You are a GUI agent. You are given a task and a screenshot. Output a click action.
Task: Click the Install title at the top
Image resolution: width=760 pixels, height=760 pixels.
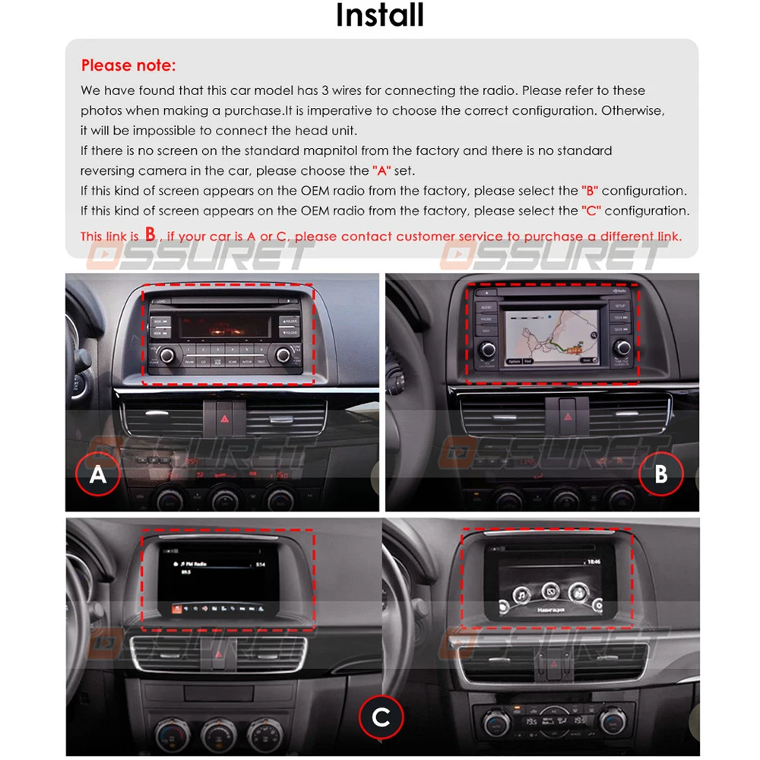click(380, 15)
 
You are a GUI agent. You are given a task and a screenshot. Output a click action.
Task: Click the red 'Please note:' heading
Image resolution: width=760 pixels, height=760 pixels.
click(128, 65)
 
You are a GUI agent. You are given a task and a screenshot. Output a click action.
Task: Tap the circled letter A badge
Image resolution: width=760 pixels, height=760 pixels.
click(97, 474)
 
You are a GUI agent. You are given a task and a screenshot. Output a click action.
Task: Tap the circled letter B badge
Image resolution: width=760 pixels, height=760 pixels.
click(660, 474)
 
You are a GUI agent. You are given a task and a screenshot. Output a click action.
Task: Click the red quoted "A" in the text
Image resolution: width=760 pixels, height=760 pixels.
click(383, 171)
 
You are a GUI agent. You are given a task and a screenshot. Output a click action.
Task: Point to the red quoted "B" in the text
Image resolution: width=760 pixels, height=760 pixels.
click(590, 191)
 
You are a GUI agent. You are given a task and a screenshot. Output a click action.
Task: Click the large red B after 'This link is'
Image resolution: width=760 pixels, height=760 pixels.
click(150, 234)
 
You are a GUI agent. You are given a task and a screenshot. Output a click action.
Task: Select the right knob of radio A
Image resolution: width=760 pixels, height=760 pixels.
click(284, 353)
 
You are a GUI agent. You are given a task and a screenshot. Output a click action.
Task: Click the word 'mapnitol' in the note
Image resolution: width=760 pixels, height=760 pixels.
click(364, 151)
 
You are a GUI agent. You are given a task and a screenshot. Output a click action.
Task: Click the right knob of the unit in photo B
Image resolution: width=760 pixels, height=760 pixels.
click(623, 347)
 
